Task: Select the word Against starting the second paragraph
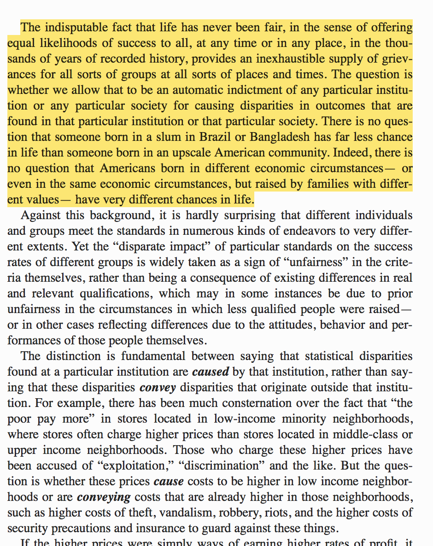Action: coord(41,215)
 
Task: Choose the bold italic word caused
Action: coord(211,372)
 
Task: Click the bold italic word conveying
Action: coord(104,497)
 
